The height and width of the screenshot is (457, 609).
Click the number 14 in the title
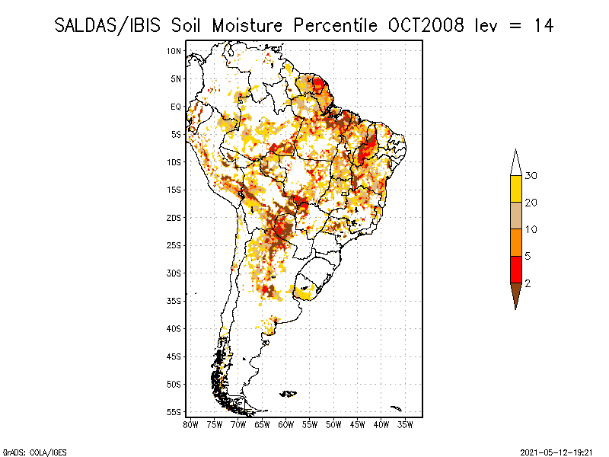543,25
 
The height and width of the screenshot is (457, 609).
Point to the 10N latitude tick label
174,51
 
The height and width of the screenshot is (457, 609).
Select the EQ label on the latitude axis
175,107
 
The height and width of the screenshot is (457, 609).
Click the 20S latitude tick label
174,218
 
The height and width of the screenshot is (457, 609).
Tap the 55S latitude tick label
174,412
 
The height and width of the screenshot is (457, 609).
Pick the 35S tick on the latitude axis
174,301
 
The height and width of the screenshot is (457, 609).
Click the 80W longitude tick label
191,423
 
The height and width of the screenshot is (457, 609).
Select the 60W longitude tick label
286,423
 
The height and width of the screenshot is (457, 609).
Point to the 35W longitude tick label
405,423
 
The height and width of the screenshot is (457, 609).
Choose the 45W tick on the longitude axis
358,423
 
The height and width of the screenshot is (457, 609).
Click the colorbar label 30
531,176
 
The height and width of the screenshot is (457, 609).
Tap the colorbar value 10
531,229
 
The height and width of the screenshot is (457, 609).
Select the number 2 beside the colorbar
528,283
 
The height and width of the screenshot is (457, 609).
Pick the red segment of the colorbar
515,270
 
